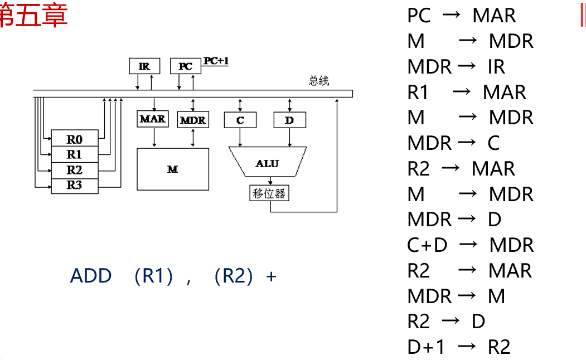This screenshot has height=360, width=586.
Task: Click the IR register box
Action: click(144, 66)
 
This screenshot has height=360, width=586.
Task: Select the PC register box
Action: click(185, 66)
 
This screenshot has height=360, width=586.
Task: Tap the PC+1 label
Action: click(216, 61)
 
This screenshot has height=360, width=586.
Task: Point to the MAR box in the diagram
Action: click(152, 119)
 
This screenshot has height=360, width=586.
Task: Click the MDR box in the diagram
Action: click(193, 119)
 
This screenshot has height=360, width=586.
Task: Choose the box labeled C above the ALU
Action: click(240, 119)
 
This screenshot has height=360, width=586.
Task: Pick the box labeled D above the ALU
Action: click(289, 119)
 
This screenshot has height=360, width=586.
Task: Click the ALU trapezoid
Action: click(268, 162)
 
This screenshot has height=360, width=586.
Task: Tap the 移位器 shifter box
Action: click(269, 193)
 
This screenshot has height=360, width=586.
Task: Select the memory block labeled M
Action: click(173, 169)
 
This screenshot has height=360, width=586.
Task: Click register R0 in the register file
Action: click(74, 138)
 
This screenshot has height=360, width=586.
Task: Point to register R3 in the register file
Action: click(74, 186)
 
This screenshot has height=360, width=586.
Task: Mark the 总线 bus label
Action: click(319, 81)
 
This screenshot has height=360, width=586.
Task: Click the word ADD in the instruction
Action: click(91, 276)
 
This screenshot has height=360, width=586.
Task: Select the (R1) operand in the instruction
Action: click(154, 276)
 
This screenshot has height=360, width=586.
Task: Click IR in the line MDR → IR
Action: click(496, 67)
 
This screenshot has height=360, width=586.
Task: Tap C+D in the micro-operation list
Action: click(427, 245)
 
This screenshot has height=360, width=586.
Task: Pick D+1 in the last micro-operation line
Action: click(427, 347)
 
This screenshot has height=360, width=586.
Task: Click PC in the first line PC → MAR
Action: click(419, 16)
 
